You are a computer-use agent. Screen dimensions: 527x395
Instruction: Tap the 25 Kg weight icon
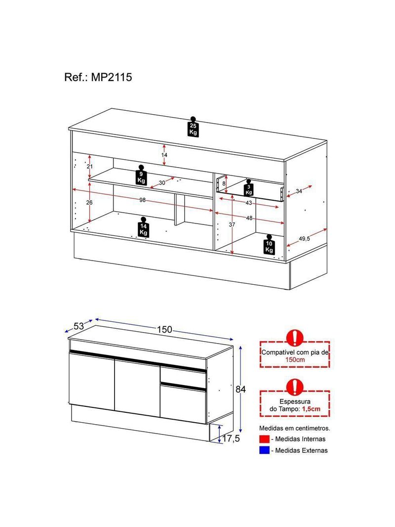[x=193, y=127]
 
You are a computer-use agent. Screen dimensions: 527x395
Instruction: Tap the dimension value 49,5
[x=305, y=239]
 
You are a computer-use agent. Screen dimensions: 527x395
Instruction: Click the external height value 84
[x=240, y=389]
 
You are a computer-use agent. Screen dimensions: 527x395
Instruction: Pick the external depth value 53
[x=79, y=326]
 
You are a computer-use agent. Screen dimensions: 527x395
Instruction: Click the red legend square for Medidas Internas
[x=264, y=439]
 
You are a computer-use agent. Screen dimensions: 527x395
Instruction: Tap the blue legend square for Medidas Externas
[x=264, y=450]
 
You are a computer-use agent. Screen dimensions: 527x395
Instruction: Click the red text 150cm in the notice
[x=295, y=360]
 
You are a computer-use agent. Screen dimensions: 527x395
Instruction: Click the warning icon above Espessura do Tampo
[x=295, y=386]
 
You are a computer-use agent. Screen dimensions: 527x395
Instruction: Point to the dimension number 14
[x=164, y=155]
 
